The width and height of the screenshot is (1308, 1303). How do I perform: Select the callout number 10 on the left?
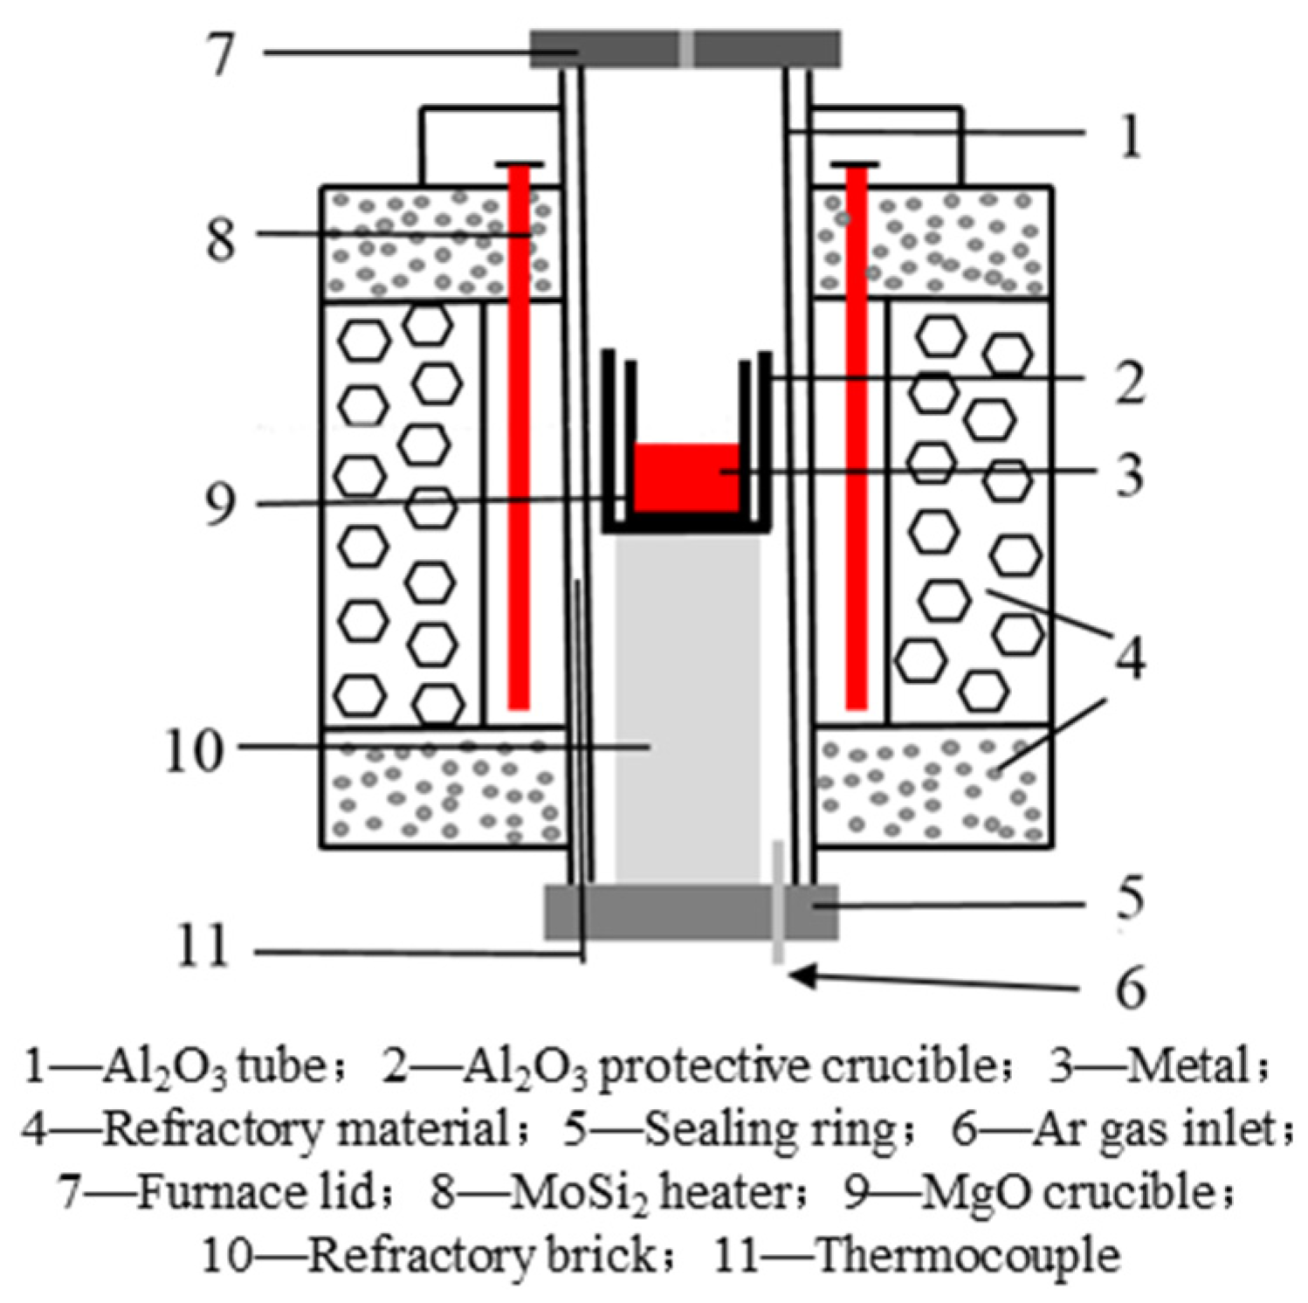point(194,750)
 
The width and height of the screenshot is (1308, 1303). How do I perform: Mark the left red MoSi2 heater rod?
point(519,437)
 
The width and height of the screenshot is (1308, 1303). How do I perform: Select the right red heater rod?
point(857,437)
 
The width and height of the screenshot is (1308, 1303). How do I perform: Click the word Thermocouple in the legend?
point(967,1255)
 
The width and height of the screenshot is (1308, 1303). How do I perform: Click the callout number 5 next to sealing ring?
point(1130,898)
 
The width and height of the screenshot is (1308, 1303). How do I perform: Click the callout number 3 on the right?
point(1131,476)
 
